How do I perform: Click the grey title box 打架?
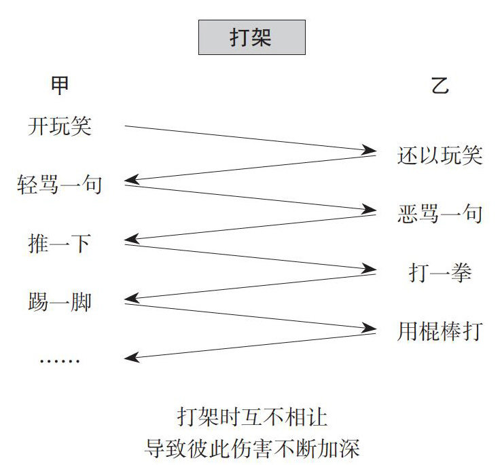click(251, 37)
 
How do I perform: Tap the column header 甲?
click(60, 86)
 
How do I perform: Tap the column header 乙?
click(440, 86)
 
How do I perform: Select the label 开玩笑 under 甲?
click(60, 126)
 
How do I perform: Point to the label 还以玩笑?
click(440, 155)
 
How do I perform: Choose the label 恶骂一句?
click(440, 215)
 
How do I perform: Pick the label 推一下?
click(60, 243)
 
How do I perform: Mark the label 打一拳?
click(440, 273)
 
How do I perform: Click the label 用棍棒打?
click(440, 332)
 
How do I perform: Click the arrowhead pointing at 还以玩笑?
click(369, 150)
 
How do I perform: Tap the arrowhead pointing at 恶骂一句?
click(369, 209)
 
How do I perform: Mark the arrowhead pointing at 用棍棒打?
click(369, 327)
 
